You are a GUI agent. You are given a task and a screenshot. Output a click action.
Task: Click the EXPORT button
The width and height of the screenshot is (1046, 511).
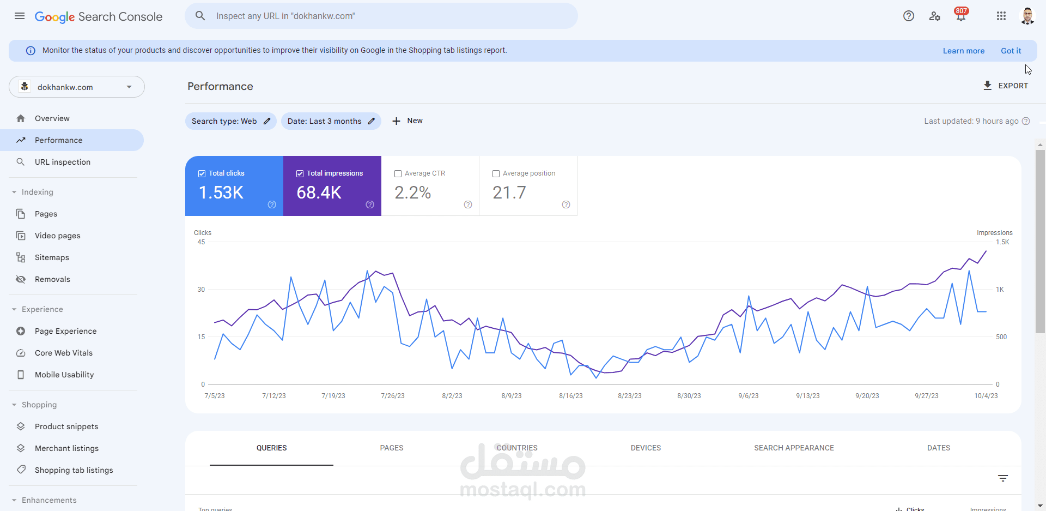(1006, 86)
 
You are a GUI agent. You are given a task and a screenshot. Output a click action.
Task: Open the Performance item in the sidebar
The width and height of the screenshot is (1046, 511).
(58, 140)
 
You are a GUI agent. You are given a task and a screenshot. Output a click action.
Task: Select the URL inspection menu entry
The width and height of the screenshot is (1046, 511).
(62, 162)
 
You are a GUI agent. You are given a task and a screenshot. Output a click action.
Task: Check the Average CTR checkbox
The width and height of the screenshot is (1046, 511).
(398, 173)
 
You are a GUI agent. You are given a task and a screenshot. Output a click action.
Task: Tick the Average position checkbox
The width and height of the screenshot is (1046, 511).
(496, 173)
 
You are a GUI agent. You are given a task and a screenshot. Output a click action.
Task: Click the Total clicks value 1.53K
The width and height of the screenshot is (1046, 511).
(221, 193)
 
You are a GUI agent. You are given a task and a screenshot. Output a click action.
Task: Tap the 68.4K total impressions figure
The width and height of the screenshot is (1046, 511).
(319, 193)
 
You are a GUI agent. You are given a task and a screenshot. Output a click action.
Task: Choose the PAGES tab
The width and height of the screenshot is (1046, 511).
(392, 448)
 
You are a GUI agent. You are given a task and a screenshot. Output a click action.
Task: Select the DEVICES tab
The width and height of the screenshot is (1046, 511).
(646, 448)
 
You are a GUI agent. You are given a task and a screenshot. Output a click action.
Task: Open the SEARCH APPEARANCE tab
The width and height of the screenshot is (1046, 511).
(794, 448)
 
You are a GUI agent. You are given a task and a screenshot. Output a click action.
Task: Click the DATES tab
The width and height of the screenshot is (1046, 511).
(938, 448)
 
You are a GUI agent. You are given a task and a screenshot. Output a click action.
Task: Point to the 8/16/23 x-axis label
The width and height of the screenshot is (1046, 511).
(570, 396)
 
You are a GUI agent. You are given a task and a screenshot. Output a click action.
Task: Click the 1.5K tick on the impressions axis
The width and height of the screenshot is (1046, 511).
(1002, 242)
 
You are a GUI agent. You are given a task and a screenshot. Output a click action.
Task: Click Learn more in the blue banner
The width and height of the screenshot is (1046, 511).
(963, 51)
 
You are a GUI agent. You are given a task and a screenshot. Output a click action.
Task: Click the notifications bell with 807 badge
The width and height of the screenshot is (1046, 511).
(960, 16)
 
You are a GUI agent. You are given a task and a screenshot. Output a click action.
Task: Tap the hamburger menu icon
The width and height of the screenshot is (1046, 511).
(20, 16)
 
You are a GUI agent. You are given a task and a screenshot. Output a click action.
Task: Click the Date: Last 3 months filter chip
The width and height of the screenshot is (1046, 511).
(331, 121)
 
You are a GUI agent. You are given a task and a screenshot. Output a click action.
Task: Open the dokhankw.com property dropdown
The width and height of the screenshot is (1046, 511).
(77, 87)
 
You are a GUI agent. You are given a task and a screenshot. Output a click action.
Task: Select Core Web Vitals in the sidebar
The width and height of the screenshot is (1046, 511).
(63, 353)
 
